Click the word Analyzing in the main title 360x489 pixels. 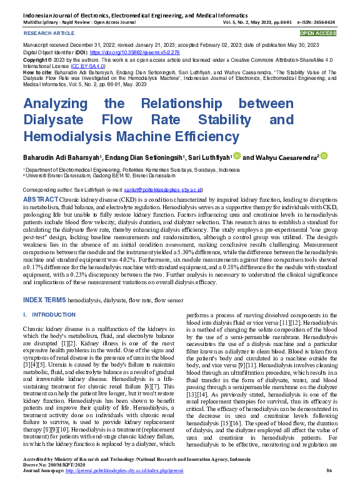54,103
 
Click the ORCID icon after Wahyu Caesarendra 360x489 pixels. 324,156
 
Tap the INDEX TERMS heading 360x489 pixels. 44,300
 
